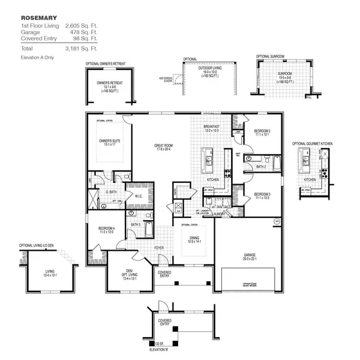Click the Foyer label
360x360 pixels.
pos(159,247)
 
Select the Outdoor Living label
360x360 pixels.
pos(209,69)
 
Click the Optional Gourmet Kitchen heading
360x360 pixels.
pos(312,144)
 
